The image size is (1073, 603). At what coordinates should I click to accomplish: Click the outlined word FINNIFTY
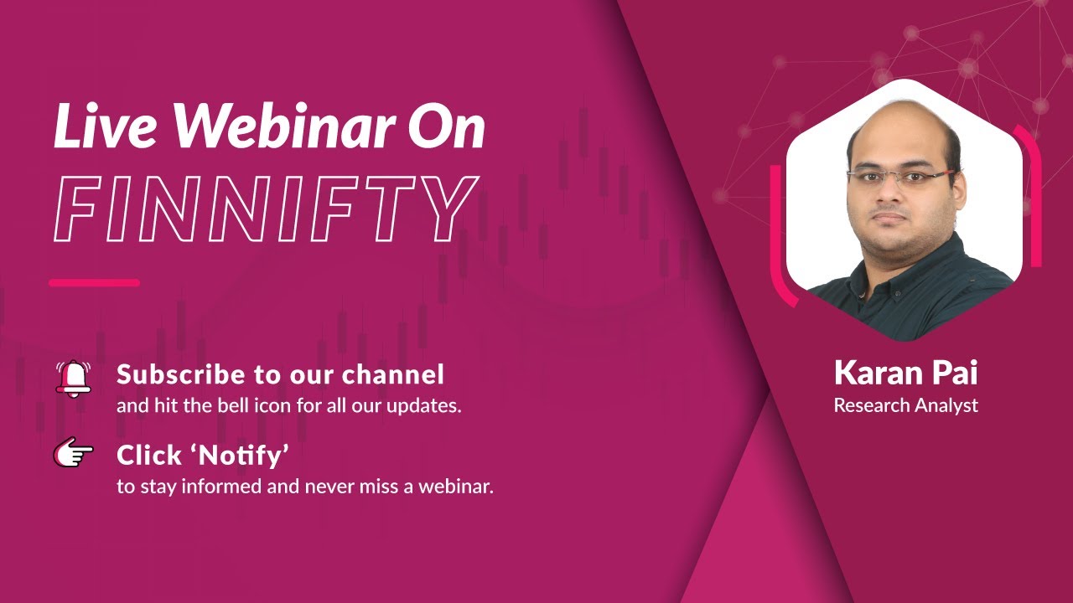click(267, 209)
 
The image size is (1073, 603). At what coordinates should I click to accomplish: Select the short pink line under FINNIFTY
click(94, 283)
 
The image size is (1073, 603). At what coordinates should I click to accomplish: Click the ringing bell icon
click(74, 378)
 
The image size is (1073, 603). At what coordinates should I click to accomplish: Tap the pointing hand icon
click(74, 453)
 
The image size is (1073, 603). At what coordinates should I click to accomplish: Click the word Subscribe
click(172, 374)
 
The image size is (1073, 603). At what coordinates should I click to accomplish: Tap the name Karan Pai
click(905, 374)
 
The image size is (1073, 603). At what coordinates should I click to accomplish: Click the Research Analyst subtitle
click(905, 405)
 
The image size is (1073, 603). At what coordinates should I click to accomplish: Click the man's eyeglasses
click(901, 177)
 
